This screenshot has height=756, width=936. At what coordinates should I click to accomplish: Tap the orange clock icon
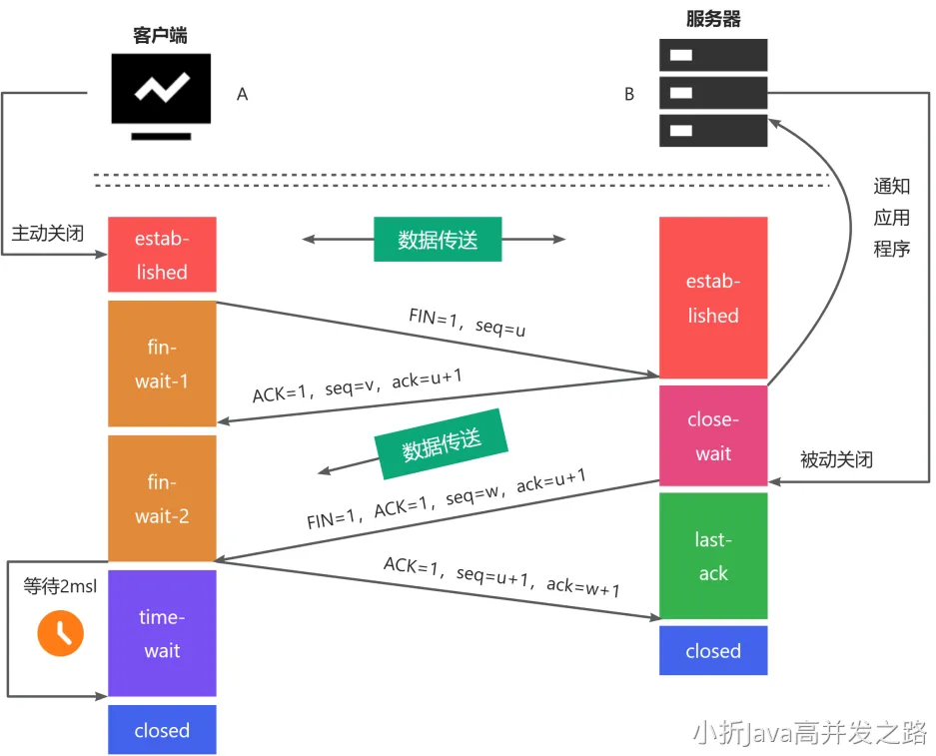click(x=60, y=632)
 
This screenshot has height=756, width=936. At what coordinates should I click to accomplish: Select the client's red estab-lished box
click(x=162, y=255)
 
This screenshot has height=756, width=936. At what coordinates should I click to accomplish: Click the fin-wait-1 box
click(x=162, y=364)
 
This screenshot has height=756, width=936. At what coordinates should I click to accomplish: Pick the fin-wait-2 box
click(x=162, y=498)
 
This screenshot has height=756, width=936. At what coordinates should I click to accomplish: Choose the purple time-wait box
click(x=162, y=633)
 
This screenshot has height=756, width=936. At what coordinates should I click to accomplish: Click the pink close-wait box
click(x=713, y=436)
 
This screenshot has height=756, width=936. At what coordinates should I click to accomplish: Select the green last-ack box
click(x=713, y=556)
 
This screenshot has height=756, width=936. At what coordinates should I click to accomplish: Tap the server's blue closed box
click(x=713, y=651)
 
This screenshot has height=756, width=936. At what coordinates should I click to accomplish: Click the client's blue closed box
click(x=162, y=730)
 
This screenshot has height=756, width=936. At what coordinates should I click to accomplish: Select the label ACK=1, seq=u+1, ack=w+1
click(x=501, y=576)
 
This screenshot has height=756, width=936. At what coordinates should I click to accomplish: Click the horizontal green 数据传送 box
click(x=438, y=240)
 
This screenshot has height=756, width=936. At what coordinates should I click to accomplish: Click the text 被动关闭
click(x=836, y=460)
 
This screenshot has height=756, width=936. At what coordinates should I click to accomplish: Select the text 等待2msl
click(x=60, y=586)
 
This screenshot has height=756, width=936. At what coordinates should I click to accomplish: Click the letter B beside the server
click(x=629, y=94)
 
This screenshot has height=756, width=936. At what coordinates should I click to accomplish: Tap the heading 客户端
click(x=160, y=36)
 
